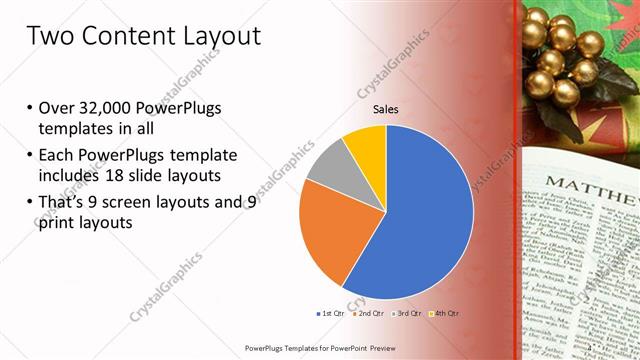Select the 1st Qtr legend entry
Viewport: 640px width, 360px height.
332,314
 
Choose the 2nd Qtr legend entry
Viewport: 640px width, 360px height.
372,314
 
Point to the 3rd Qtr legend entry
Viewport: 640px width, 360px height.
410,314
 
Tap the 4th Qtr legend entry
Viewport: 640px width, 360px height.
446,314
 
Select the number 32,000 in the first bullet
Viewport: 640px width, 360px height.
104,108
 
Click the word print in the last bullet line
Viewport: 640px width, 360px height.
58,224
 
